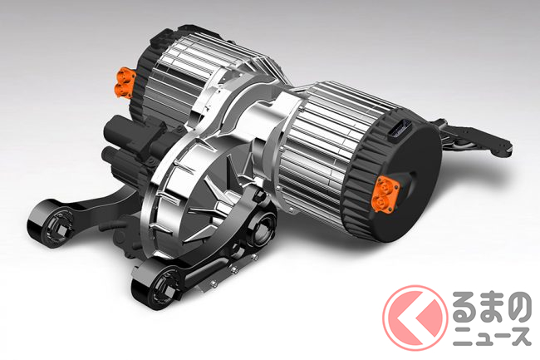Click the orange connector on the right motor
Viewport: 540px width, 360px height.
(385, 194)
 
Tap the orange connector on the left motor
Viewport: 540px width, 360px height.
(124, 82)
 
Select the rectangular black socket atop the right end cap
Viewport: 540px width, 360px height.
(401, 131)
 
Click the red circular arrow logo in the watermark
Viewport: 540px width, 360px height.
(415, 318)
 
